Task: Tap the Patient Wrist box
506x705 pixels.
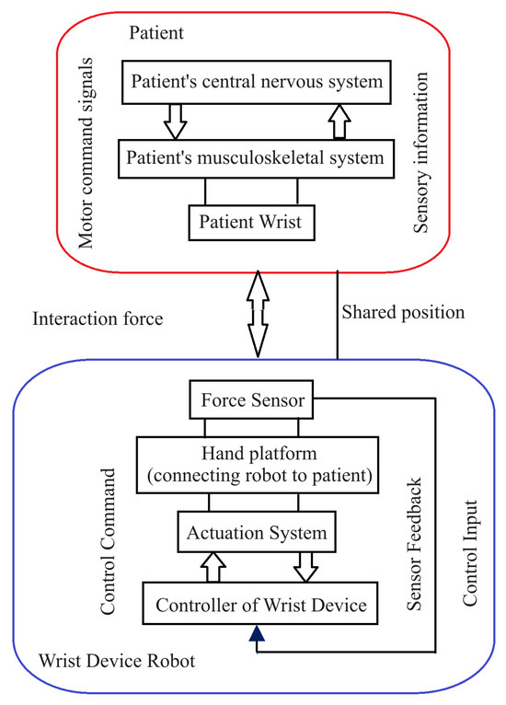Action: coord(251,222)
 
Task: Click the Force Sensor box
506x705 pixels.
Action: coord(251,402)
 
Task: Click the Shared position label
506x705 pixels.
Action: coord(403,312)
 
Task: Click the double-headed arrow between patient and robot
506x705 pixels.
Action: coord(260,313)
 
